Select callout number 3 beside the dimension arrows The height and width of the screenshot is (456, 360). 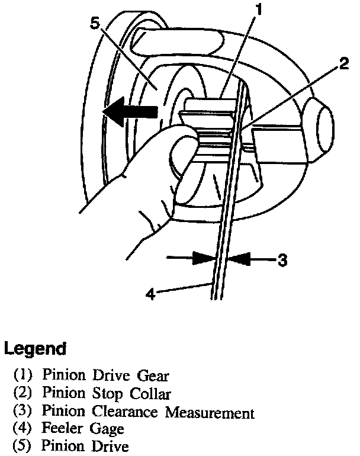[282, 259]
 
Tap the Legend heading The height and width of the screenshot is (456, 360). [34, 349]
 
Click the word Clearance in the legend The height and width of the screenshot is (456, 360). [131, 412]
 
